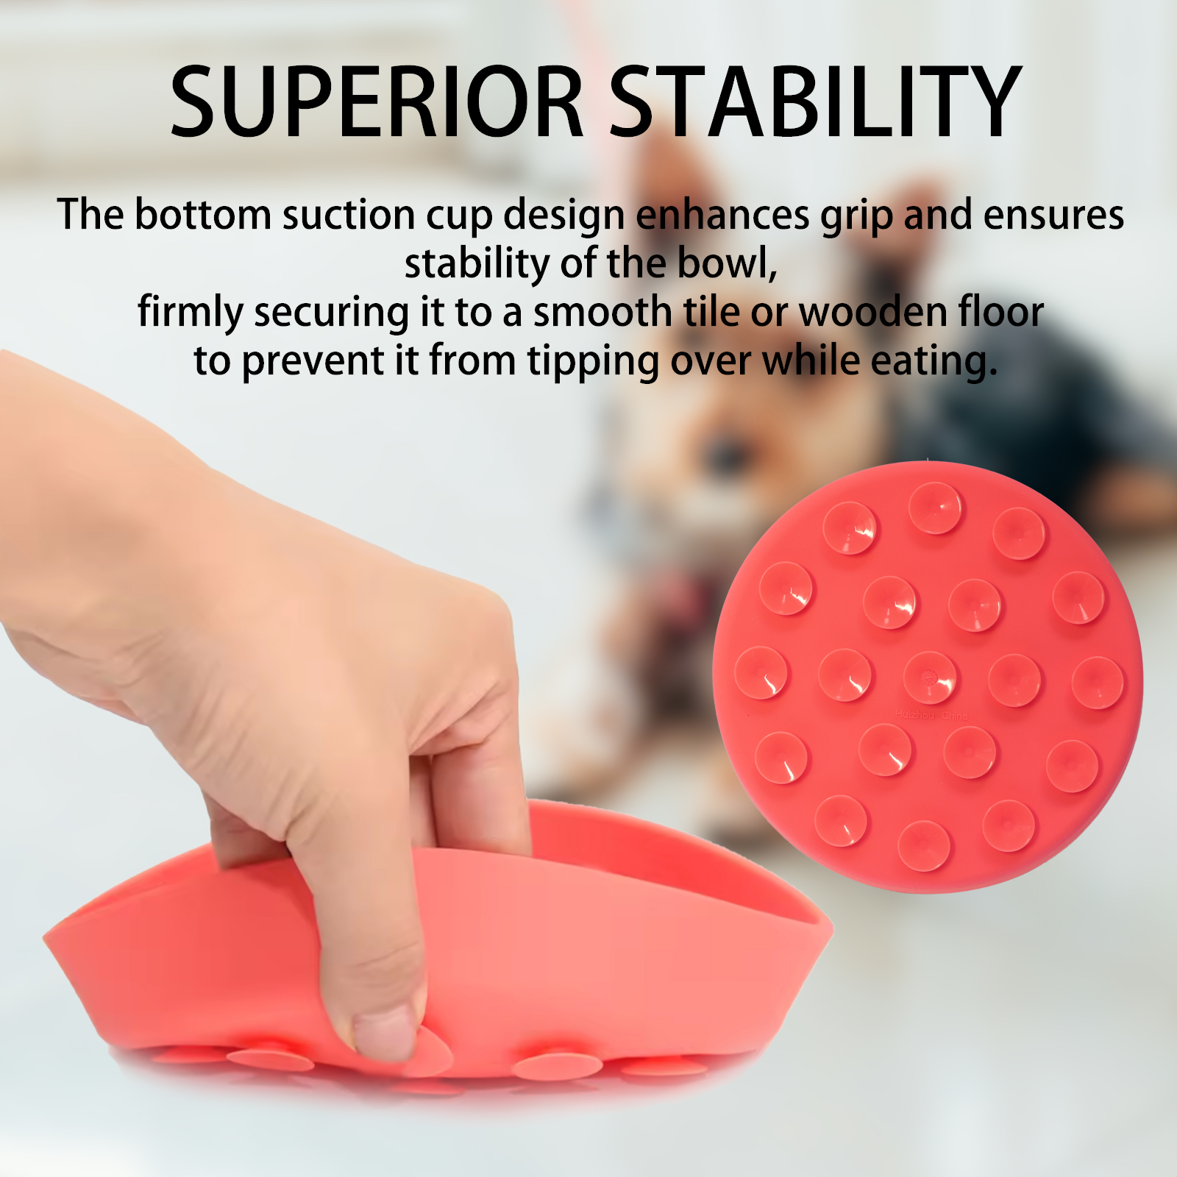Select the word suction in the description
[349, 215]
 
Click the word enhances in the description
[722, 215]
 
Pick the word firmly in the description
[191, 313]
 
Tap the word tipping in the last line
[593, 362]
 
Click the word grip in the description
[856, 216]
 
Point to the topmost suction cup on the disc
[935, 508]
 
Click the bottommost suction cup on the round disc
[924, 845]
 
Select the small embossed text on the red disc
[931, 715]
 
